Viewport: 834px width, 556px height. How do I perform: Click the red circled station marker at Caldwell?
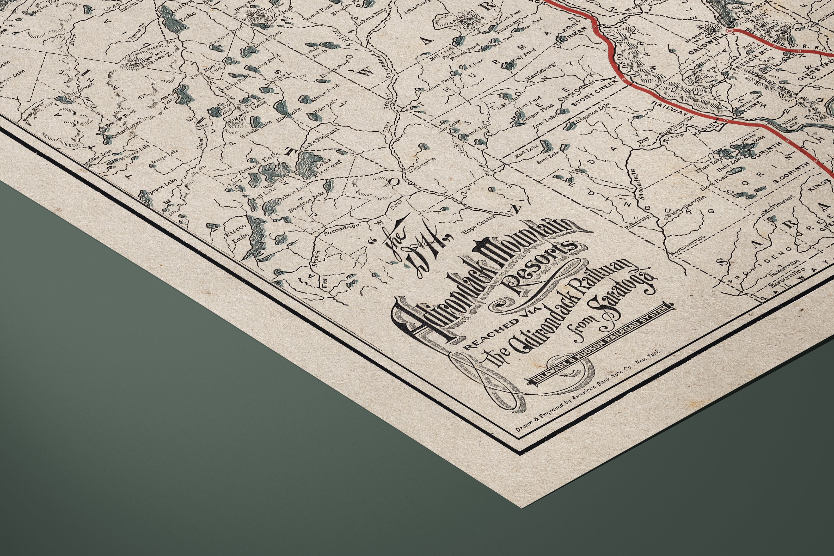point(729,31)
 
